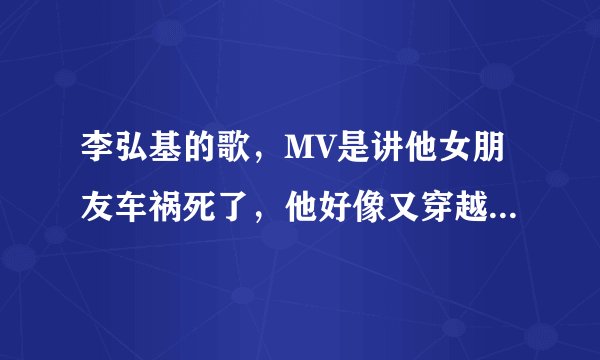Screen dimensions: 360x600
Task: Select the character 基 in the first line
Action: tap(168, 153)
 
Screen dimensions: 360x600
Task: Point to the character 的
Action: tap(204, 153)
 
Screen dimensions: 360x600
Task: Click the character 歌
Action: tap(240, 153)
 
